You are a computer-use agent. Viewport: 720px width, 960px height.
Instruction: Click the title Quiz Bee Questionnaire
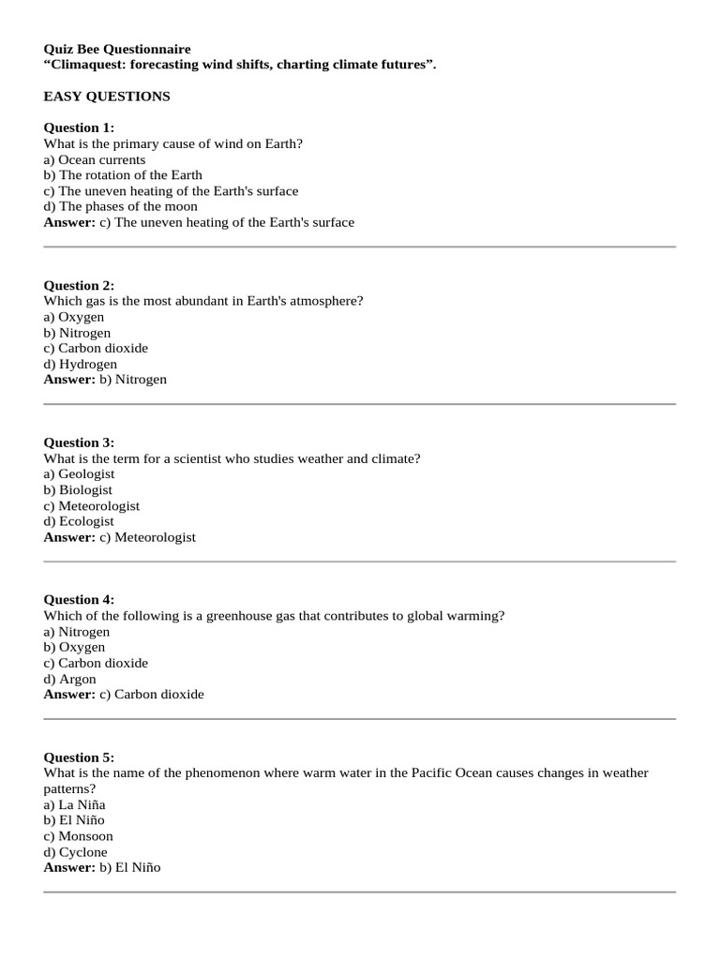[x=117, y=49]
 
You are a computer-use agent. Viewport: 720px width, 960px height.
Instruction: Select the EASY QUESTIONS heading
[x=107, y=97]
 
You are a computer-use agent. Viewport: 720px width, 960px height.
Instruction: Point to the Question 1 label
[x=79, y=127]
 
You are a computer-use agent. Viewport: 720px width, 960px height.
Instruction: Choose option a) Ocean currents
[x=95, y=159]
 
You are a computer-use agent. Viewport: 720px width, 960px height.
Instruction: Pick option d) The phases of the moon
[x=121, y=206]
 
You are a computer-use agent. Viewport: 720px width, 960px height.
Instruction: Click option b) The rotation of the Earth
[x=123, y=175]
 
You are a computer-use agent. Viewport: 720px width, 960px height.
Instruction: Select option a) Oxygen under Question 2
[x=74, y=317]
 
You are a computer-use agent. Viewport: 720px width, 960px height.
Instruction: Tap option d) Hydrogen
[x=81, y=364]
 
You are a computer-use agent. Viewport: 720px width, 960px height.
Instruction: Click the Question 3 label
[x=79, y=442]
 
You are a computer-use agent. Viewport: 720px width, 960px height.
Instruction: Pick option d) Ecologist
[x=79, y=521]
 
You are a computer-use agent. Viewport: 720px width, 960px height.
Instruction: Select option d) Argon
[x=70, y=679]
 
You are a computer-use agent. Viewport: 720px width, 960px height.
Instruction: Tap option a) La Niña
[x=75, y=804]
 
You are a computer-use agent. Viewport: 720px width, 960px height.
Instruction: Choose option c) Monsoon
[x=79, y=836]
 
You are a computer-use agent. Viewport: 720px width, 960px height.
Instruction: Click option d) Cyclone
[x=76, y=852]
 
